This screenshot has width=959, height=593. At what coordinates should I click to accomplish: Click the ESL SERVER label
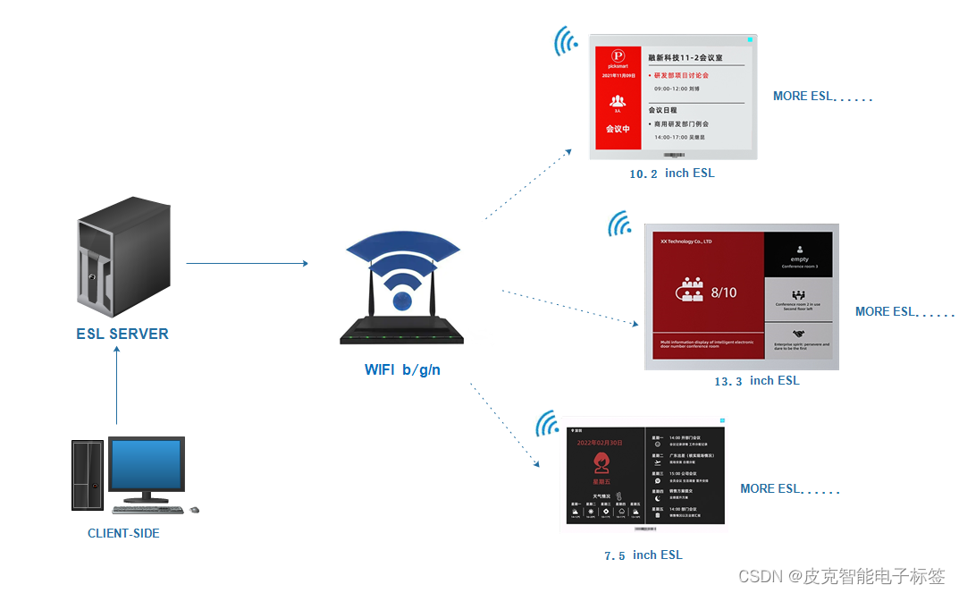(122, 334)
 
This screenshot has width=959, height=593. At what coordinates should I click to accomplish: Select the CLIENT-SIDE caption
(123, 533)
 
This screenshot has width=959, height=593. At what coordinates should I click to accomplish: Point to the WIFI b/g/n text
(402, 369)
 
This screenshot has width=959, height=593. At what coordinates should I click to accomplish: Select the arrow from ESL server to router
(247, 263)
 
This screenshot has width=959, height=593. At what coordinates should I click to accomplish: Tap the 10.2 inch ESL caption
(671, 174)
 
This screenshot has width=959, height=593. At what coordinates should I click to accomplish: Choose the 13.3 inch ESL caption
(756, 381)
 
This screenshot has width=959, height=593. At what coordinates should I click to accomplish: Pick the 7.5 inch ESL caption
(643, 555)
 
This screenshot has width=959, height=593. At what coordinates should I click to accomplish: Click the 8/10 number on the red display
(724, 292)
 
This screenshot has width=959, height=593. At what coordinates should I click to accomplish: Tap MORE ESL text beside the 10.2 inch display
(821, 97)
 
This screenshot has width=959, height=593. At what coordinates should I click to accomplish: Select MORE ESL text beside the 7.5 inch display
(789, 489)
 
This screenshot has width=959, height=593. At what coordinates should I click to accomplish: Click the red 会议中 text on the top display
(618, 129)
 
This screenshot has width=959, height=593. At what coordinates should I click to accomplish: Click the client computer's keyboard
(147, 510)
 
